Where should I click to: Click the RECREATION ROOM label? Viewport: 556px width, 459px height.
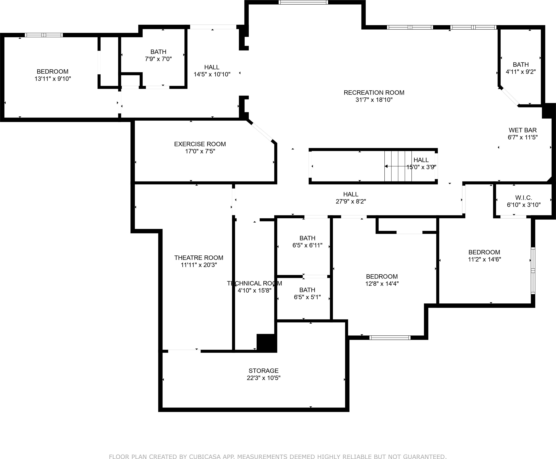point(374,93)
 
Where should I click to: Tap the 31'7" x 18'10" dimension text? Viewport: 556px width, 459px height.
point(374,100)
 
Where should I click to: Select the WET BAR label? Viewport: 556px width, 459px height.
point(522,130)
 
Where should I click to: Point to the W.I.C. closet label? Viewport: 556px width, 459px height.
point(523,198)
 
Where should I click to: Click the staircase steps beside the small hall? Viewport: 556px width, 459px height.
point(398,166)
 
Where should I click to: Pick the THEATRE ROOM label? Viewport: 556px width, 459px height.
point(199,258)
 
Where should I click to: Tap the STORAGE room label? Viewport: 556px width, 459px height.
point(263,371)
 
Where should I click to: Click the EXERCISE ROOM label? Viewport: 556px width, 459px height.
point(200,144)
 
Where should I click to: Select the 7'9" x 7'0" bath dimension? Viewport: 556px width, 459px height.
point(158,59)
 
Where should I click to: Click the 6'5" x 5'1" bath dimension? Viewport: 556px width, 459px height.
point(307,297)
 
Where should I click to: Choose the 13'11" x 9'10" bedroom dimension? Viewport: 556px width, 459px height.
point(53,79)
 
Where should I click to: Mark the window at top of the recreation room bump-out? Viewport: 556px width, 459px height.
point(303,2)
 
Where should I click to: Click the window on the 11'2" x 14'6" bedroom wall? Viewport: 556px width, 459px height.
point(533,271)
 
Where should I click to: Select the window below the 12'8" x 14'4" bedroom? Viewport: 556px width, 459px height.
point(390,338)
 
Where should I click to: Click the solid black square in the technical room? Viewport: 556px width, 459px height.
point(266,342)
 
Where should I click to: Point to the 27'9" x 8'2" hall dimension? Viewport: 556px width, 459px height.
point(351,201)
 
